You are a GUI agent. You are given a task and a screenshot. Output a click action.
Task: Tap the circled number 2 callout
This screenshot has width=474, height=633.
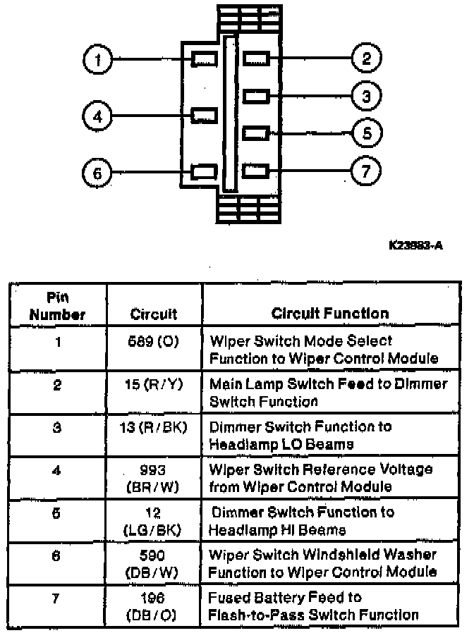(x=366, y=59)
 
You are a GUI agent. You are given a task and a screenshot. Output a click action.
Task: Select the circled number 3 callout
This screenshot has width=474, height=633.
(x=366, y=96)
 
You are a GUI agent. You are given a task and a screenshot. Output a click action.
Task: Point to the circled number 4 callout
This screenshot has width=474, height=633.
(x=98, y=116)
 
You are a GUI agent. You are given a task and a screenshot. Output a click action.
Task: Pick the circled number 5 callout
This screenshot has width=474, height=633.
(x=367, y=133)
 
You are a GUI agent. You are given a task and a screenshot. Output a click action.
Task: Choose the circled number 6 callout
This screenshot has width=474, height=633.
(x=98, y=172)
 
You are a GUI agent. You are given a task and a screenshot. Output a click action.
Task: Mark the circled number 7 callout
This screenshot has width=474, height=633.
(x=366, y=171)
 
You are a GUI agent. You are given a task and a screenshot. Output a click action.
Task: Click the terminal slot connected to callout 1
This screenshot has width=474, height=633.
(x=205, y=59)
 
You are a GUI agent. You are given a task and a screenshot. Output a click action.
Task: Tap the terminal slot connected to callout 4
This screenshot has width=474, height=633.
(x=205, y=114)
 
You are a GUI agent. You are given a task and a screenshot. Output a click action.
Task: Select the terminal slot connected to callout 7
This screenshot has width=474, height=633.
(x=255, y=171)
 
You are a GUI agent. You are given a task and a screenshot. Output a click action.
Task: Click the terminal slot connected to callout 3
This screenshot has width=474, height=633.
(x=255, y=95)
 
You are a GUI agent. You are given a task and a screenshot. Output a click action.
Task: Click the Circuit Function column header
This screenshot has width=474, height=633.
(x=330, y=313)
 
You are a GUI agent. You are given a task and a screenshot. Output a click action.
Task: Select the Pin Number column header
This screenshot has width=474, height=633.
(x=58, y=306)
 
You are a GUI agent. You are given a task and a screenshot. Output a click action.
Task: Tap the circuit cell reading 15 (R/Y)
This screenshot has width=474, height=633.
(x=154, y=385)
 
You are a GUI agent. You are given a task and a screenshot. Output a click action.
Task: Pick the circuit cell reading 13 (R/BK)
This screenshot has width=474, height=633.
(x=154, y=427)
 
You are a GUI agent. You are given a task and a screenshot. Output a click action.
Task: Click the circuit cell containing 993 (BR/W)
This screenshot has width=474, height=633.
(x=154, y=478)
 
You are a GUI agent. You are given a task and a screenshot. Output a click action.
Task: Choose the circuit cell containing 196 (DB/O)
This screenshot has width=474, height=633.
(x=154, y=606)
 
